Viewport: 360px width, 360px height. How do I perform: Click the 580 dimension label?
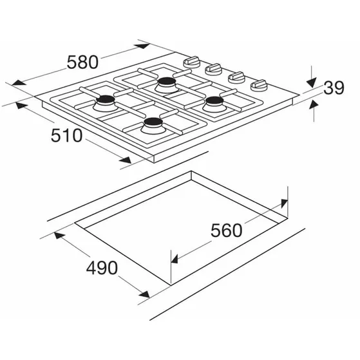point(82,62)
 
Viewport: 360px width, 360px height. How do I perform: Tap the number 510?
point(66,135)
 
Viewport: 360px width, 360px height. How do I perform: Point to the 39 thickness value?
point(334,88)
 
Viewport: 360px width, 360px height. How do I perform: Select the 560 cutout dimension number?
point(227,231)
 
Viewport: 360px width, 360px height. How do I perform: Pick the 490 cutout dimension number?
point(102,268)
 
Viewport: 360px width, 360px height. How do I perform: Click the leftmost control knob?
point(191,62)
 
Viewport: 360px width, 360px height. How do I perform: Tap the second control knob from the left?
point(214,70)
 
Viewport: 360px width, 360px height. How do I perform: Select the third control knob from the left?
point(236,77)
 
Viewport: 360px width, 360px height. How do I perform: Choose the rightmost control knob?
point(259,86)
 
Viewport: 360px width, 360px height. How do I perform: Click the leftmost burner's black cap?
point(106,100)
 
